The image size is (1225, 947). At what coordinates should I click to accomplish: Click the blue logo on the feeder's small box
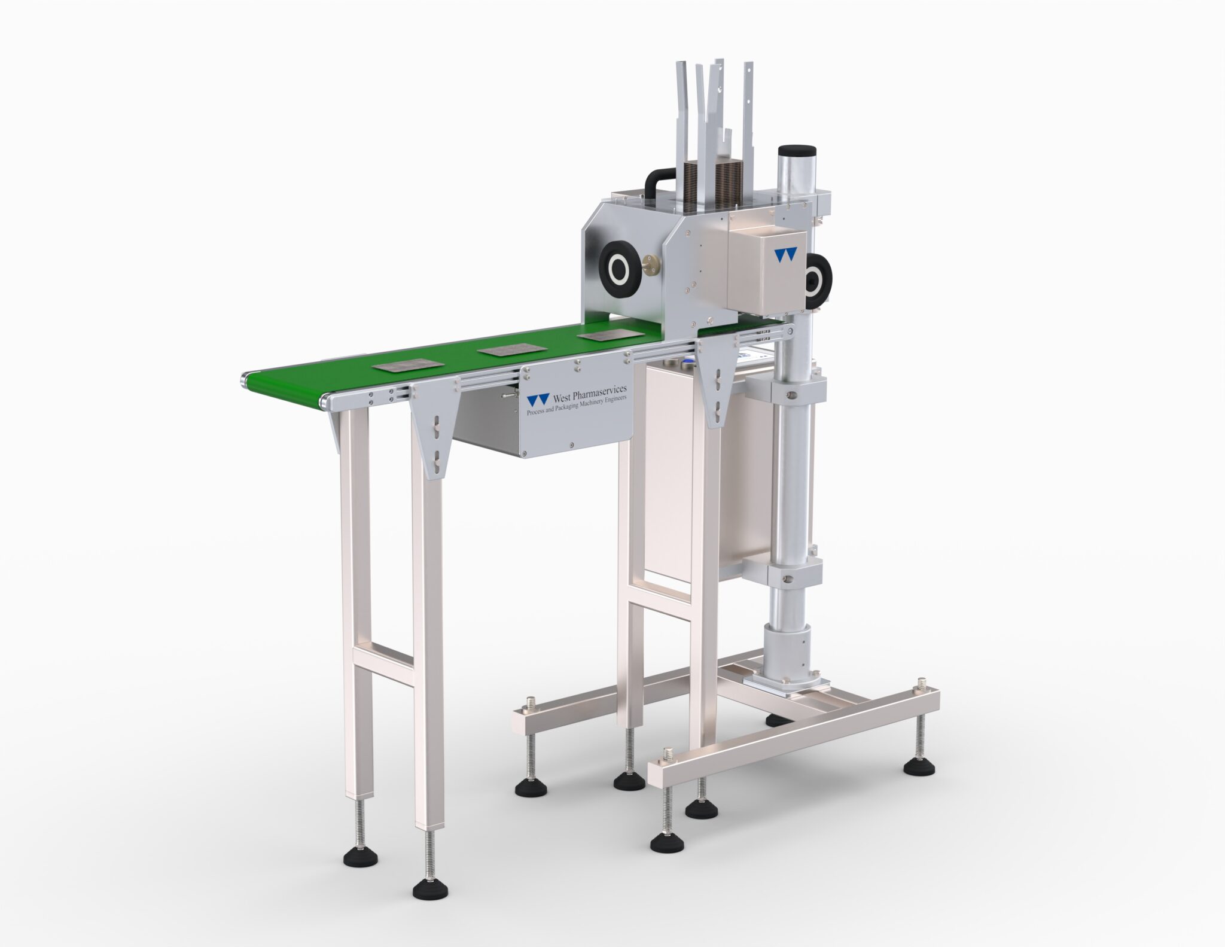click(785, 254)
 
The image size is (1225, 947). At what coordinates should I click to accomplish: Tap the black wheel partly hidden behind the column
click(815, 279)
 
